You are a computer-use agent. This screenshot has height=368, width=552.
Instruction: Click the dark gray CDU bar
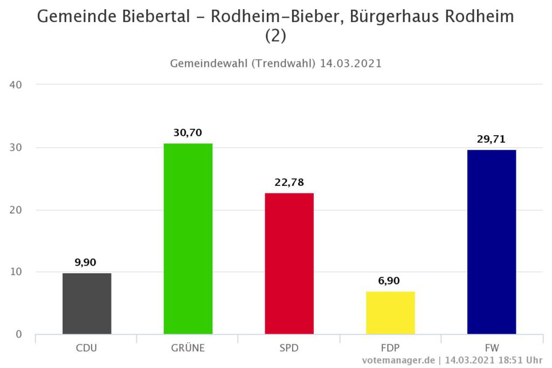[87, 303]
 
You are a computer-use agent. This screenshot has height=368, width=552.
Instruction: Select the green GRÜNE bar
[188, 239]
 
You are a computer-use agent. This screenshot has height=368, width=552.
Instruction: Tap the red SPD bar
[289, 263]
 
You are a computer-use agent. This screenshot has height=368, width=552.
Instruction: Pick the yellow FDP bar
[390, 313]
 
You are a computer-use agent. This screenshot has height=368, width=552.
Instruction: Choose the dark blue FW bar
[492, 242]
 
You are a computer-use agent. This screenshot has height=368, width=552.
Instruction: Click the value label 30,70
[188, 133]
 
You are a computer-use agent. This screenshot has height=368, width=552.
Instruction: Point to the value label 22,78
[289, 182]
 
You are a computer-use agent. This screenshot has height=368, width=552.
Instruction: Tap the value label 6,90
[390, 281]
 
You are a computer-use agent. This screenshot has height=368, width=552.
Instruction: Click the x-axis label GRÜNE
[188, 348]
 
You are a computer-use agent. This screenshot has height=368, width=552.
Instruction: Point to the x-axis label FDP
[390, 348]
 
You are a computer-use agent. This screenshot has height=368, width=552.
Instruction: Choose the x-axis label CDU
[87, 348]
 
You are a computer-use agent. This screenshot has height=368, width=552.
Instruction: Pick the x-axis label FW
[492, 348]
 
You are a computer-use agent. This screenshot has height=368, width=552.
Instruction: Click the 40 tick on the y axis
[15, 85]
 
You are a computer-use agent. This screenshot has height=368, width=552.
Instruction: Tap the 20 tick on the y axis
[15, 210]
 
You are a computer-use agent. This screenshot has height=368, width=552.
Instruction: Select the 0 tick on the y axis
[19, 335]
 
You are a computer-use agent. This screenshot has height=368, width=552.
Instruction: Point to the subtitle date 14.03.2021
[350, 63]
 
